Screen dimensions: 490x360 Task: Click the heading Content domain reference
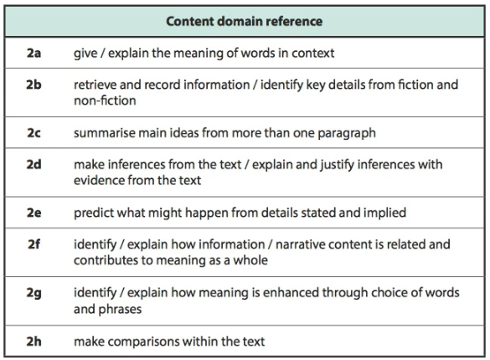pyautogui.click(x=244, y=21)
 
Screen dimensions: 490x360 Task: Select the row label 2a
pyautogui.click(x=34, y=53)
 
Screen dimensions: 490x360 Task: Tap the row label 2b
pyautogui.click(x=34, y=85)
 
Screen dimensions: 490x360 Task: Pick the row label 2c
pyautogui.click(x=34, y=132)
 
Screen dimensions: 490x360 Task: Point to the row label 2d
pyautogui.click(x=34, y=164)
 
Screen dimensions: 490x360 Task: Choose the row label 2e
pyautogui.click(x=34, y=213)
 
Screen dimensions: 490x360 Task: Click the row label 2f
pyautogui.click(x=34, y=244)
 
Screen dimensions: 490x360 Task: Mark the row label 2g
pyautogui.click(x=34, y=293)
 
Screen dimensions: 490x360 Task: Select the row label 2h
pyautogui.click(x=34, y=341)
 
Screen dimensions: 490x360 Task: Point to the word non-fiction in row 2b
pyautogui.click(x=105, y=100)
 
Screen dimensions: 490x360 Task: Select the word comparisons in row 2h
pyautogui.click(x=144, y=342)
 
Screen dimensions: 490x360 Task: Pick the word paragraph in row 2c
pyautogui.click(x=347, y=133)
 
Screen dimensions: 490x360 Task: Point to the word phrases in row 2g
pyautogui.click(x=120, y=310)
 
